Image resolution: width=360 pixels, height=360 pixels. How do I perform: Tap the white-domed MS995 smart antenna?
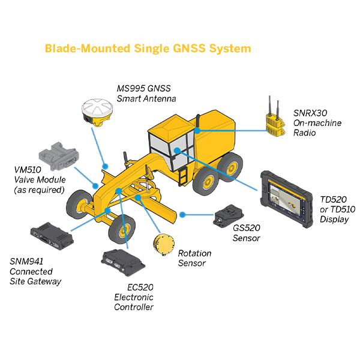tap(97, 112)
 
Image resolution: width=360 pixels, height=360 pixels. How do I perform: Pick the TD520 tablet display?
tap(287, 199)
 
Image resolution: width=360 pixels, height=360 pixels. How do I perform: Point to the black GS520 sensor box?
tap(228, 215)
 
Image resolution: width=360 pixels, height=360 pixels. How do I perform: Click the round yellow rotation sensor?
tap(164, 244)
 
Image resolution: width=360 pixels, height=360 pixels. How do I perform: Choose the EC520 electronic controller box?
tap(123, 262)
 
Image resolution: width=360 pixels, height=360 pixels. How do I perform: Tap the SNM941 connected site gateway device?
tap(52, 236)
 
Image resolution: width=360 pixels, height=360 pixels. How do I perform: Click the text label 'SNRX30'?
tap(310, 113)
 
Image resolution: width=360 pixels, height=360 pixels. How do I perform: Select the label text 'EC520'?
tap(140, 287)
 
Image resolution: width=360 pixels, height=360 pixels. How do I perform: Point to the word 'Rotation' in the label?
tap(194, 253)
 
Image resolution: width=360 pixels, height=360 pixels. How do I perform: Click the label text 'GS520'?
tap(247, 228)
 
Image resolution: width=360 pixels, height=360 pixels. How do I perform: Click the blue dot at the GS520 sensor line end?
tap(182, 215)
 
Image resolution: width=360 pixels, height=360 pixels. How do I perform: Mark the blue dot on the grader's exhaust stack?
tap(197, 131)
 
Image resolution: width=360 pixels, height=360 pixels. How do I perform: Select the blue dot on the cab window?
tap(177, 151)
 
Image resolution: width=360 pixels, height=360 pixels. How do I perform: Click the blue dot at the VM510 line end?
tap(95, 186)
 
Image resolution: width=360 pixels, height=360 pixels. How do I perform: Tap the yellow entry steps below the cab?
tap(183, 176)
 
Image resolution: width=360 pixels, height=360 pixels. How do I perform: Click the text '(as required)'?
tap(39, 190)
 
